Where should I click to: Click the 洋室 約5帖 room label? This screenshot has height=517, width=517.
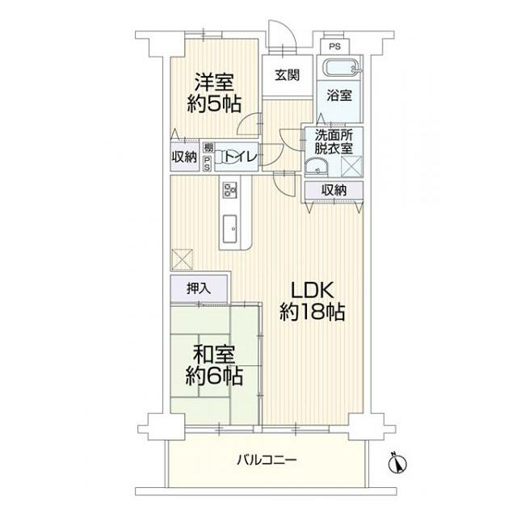tap(214, 93)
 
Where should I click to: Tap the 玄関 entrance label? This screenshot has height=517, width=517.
tap(288, 75)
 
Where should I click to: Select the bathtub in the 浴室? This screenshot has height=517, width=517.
tap(343, 69)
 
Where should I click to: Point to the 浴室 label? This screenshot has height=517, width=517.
tap(339, 95)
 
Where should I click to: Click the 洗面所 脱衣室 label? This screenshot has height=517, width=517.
tap(334, 142)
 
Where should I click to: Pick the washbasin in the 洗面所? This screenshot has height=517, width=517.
tap(317, 166)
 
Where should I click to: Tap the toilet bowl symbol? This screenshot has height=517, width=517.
tap(221, 157)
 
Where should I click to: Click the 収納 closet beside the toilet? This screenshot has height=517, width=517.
tap(184, 157)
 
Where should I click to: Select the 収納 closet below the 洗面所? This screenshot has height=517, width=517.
tap(334, 191)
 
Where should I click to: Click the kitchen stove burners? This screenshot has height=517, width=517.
tap(229, 190)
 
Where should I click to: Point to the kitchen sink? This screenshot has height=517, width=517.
tap(229, 229)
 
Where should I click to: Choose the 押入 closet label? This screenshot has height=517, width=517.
tap(199, 289)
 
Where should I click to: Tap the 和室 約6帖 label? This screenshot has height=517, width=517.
tap(214, 365)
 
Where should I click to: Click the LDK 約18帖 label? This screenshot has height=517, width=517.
tap(312, 301)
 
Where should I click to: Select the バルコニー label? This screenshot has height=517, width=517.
tap(267, 460)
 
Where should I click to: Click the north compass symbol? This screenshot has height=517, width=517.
tap(397, 463)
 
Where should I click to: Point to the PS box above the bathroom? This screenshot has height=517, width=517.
tap(334, 47)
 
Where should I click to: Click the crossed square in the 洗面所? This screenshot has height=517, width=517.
tap(351, 167)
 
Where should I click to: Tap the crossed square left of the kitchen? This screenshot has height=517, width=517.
tap(182, 259)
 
